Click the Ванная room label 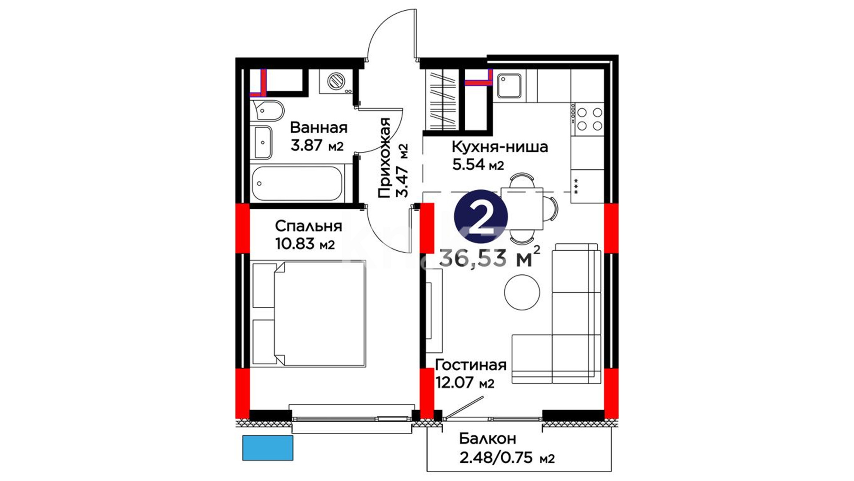point(318,128)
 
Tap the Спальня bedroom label point(308,226)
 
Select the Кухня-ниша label point(500,147)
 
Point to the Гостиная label point(471,365)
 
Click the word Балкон point(487,439)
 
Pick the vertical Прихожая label point(384,158)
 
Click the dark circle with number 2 point(481,216)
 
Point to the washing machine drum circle point(336,81)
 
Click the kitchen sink point(509,86)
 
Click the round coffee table point(522,293)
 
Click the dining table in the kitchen point(522,208)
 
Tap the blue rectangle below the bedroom point(268,448)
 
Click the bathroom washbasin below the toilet point(262,142)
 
